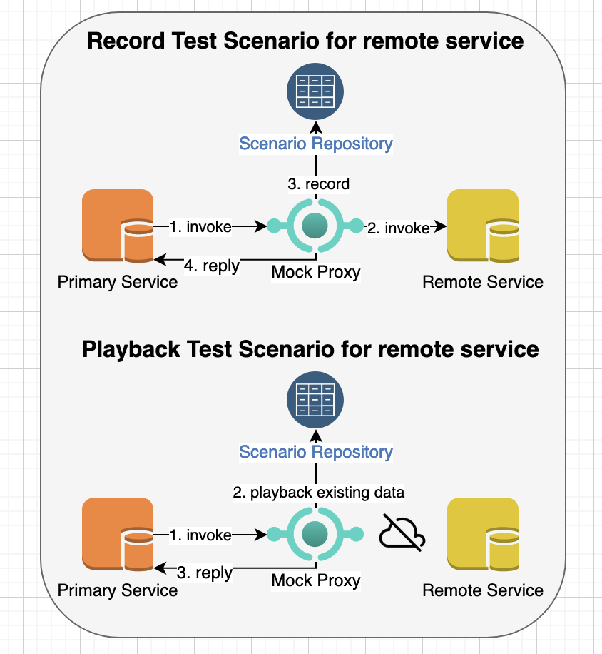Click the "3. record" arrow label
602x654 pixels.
click(x=318, y=184)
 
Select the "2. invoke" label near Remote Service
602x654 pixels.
click(x=397, y=228)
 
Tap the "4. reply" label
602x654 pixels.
click(x=211, y=266)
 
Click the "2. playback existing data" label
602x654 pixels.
click(x=318, y=493)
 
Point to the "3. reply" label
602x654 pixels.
click(x=204, y=573)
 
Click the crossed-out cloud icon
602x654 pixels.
click(x=401, y=533)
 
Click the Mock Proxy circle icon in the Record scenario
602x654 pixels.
click(x=315, y=227)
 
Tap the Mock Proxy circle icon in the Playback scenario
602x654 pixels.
click(x=315, y=534)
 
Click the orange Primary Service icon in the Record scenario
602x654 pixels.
click(x=118, y=226)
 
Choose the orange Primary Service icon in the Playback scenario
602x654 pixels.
click(x=118, y=534)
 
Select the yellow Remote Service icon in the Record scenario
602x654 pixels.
click(x=482, y=226)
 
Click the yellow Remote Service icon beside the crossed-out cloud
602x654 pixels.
click(x=482, y=534)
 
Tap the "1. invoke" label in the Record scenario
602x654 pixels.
click(x=200, y=227)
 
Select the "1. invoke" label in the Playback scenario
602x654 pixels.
click(x=200, y=535)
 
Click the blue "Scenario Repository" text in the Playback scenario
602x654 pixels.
click(x=316, y=452)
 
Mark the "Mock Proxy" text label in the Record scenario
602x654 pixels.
click(x=316, y=272)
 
